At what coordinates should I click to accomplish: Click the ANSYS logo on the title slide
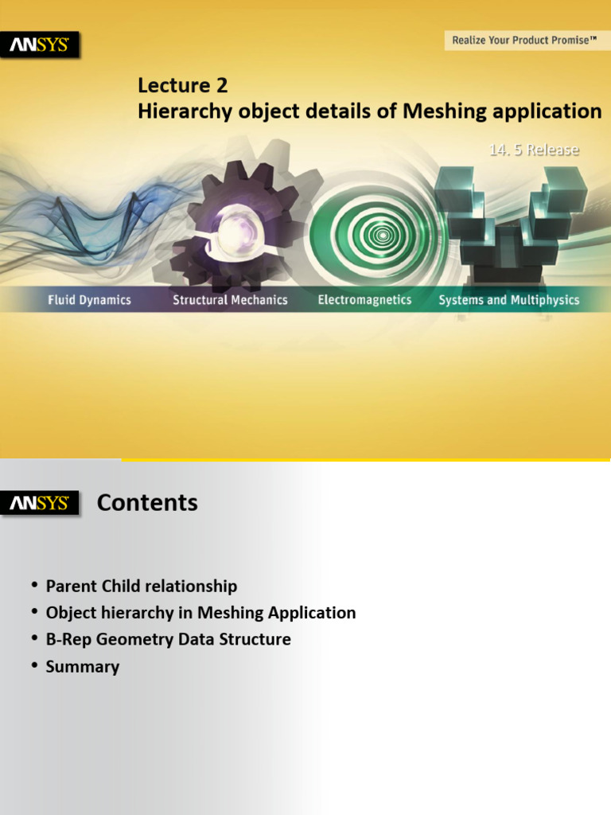click(x=39, y=45)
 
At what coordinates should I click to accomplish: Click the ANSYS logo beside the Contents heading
click(x=39, y=503)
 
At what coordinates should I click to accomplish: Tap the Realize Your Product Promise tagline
click(x=524, y=40)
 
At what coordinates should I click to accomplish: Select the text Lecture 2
click(x=183, y=85)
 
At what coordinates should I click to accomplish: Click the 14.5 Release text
click(x=533, y=150)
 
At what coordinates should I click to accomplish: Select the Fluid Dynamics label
click(x=89, y=300)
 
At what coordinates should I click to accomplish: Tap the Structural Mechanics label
click(x=230, y=300)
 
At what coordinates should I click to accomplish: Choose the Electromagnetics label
click(x=364, y=300)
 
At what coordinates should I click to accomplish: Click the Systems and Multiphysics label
click(x=509, y=300)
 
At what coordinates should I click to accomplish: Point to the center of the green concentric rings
click(x=382, y=235)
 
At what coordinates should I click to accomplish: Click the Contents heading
click(x=147, y=503)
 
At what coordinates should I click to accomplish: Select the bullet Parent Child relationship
click(x=142, y=587)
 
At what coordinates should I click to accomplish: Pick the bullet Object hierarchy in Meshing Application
click(x=200, y=613)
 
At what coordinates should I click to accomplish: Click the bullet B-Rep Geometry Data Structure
click(x=169, y=640)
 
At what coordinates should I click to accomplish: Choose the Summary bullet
click(x=83, y=667)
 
